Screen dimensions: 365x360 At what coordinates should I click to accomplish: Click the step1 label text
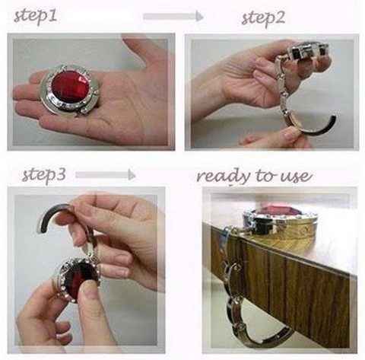coord(35,17)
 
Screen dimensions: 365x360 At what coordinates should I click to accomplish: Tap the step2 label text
coord(263,18)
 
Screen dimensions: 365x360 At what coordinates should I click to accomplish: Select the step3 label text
coord(44,175)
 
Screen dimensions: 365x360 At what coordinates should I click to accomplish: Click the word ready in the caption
coord(223,177)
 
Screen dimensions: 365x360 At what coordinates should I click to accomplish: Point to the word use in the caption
coord(296,176)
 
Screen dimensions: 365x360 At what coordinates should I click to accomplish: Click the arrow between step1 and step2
coord(173,17)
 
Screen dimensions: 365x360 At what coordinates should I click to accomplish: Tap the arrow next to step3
coord(106,175)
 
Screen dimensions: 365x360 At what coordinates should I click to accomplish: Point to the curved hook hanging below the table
coord(259,330)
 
